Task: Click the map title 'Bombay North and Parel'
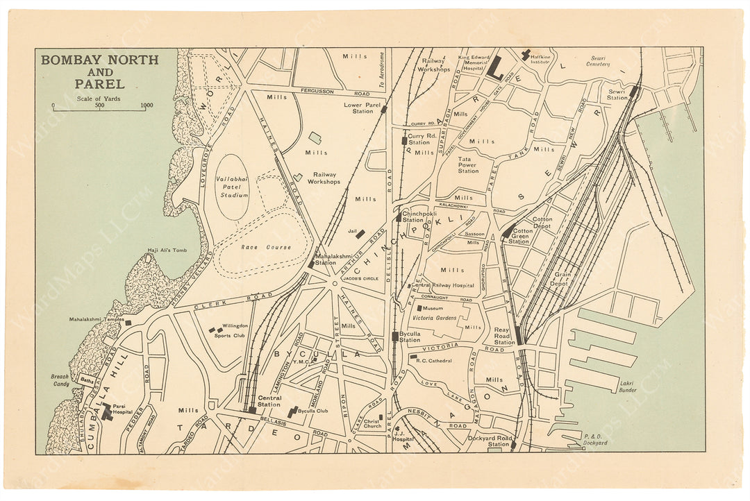coord(99,71)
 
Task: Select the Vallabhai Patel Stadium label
coord(232,187)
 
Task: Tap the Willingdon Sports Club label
coord(231,330)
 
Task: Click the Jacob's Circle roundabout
coord(334,283)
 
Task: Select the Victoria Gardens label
coord(436,318)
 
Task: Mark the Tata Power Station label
coord(468,165)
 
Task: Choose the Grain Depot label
coord(562,279)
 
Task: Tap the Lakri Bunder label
coord(627,387)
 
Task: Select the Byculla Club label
coord(312,411)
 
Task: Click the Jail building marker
coord(360,234)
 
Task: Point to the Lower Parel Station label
coord(362,108)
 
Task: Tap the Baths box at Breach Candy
coord(88,380)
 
